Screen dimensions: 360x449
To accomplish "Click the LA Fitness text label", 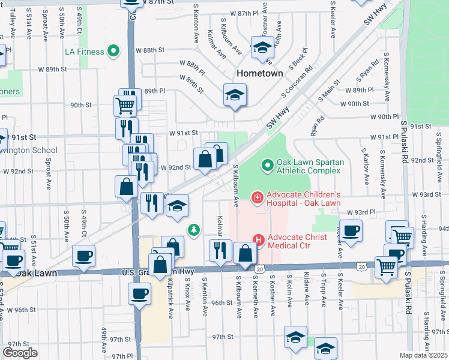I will click(84, 52).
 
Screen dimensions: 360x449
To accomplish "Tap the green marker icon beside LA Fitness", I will click(113, 52).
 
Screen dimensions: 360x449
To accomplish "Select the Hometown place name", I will click(259, 73).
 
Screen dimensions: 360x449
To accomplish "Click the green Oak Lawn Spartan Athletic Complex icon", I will click(267, 163).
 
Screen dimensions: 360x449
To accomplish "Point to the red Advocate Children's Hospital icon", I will click(258, 197).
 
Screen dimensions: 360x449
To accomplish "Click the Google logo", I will click(20, 353).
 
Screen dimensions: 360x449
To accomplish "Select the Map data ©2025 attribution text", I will click(424, 355).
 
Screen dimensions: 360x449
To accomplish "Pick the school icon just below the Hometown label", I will click(235, 94).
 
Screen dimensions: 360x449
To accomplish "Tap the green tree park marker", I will click(193, 229).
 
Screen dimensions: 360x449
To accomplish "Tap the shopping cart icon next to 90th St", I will click(125, 106).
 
